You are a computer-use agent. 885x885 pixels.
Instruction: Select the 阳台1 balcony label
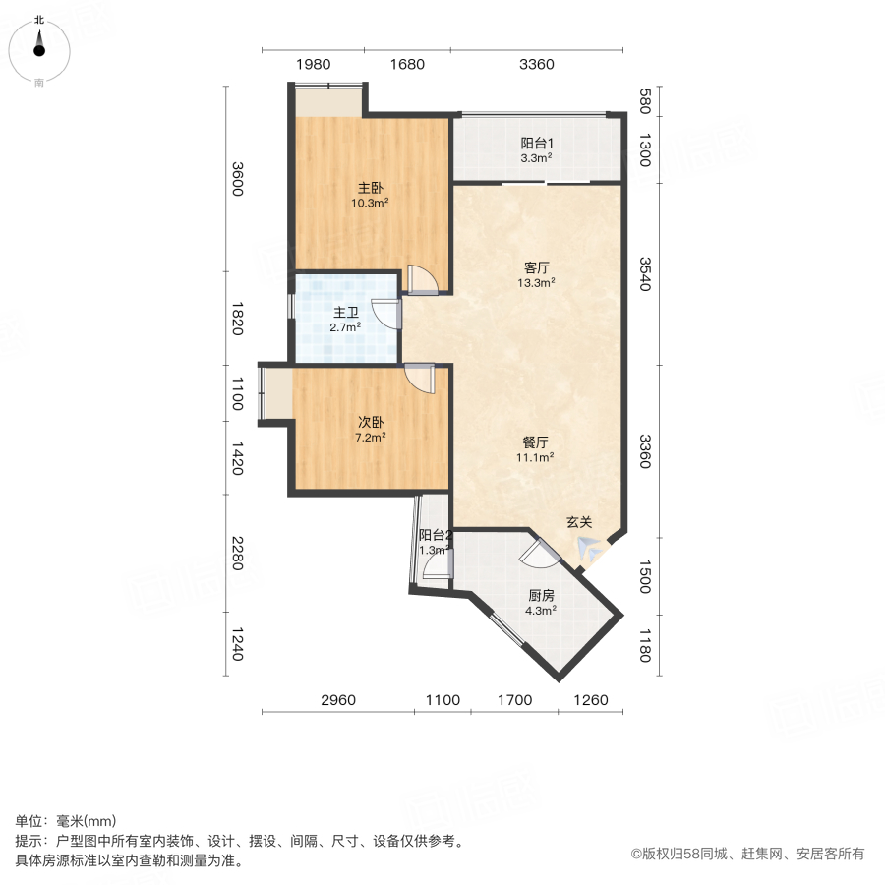[536, 142]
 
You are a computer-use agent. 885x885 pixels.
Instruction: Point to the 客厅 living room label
[536, 266]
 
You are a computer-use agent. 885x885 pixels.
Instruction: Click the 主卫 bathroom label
[344, 312]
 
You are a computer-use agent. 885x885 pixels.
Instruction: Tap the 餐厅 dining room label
[536, 442]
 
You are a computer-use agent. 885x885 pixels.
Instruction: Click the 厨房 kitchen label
[541, 595]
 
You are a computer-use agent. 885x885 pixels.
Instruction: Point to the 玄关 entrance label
[578, 522]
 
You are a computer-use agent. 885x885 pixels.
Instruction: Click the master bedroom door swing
[423, 280]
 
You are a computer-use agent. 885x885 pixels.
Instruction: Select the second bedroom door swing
[421, 379]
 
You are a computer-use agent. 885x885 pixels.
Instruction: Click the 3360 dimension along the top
[537, 65]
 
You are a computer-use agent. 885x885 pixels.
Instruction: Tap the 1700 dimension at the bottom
[513, 700]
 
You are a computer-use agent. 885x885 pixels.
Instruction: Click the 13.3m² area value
[536, 282]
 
